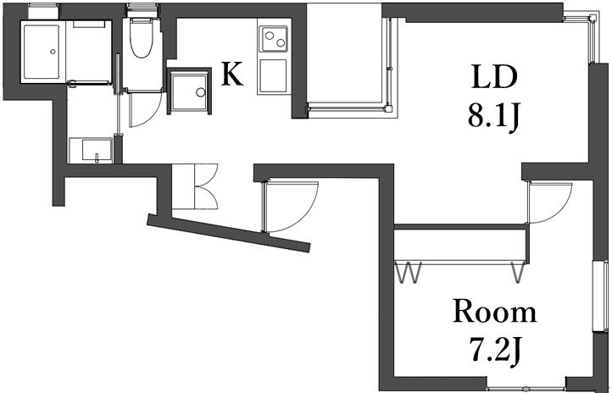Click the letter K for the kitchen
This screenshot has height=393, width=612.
tap(232, 75)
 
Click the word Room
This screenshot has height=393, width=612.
tap(494, 311)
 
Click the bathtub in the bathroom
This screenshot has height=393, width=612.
tap(40, 52)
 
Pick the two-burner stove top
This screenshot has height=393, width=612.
tap(274, 39)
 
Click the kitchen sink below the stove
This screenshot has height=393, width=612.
tap(273, 75)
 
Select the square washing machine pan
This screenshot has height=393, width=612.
tap(189, 91)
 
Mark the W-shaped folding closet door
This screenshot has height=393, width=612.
tap(409, 274)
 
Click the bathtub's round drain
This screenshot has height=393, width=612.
tap(53, 52)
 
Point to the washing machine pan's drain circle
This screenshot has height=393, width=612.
tap(200, 91)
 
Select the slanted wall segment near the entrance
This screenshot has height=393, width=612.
tap(229, 232)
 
